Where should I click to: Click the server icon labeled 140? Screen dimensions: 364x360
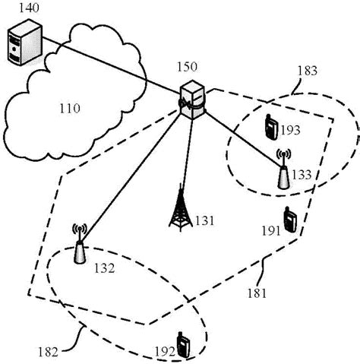coord(18,44)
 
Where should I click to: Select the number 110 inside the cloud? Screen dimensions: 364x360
coord(70,109)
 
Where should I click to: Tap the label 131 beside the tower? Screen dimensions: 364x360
coord(205,221)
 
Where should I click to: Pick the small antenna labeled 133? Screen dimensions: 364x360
coord(283,173)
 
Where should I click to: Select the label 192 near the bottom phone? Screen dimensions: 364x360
coord(163,351)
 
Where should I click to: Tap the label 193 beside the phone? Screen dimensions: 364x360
coord(291,131)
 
